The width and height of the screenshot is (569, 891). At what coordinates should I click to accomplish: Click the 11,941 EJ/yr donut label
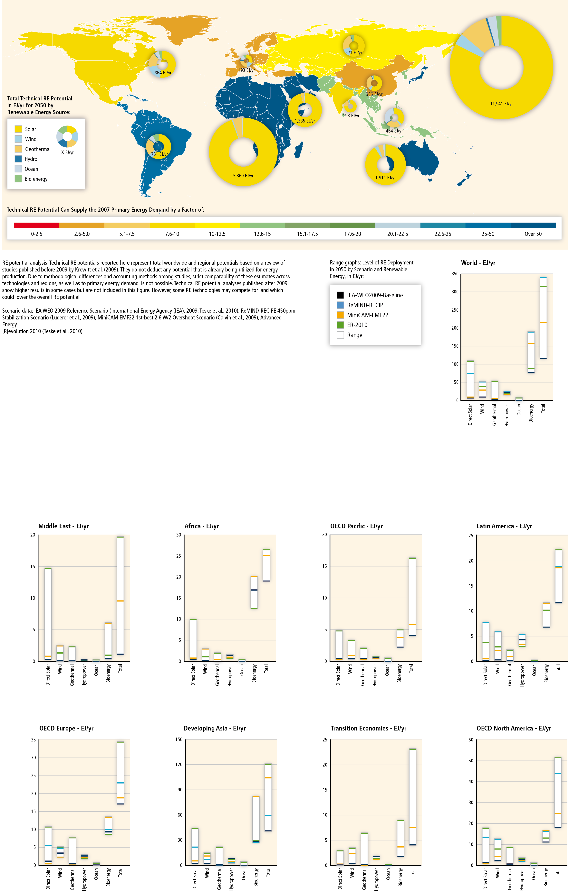coord(501,104)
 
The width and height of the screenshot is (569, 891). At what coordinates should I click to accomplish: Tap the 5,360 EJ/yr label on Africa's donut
coord(243,176)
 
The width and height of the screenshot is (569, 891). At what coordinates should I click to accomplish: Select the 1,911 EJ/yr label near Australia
coord(385,178)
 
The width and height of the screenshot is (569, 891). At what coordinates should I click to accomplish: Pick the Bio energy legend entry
coord(36,179)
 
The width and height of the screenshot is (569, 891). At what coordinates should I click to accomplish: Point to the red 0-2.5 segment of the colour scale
coord(37,225)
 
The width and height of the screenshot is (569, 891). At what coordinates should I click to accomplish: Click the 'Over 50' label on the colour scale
coord(533,234)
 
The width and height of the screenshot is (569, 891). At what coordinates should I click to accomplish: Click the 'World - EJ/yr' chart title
coord(478,263)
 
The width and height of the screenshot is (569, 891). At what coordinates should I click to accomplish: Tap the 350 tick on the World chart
coord(455,274)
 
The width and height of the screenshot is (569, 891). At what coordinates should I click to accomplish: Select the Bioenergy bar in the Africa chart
coord(254,592)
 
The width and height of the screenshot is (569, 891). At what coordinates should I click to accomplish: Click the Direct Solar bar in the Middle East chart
coord(48,613)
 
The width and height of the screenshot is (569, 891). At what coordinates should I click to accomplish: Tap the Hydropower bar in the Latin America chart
coord(522,640)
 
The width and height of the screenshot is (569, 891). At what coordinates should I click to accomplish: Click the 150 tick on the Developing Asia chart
coord(178,739)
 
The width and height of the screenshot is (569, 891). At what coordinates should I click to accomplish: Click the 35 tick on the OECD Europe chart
coord(33,740)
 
